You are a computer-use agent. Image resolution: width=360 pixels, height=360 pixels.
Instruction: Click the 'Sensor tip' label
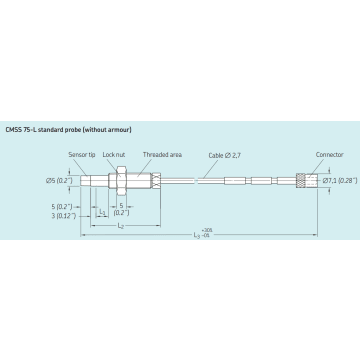tap(81, 156)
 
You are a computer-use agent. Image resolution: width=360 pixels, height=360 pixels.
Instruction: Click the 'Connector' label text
tap(329, 156)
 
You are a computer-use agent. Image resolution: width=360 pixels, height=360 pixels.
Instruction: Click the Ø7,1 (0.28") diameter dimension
tap(327, 179)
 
